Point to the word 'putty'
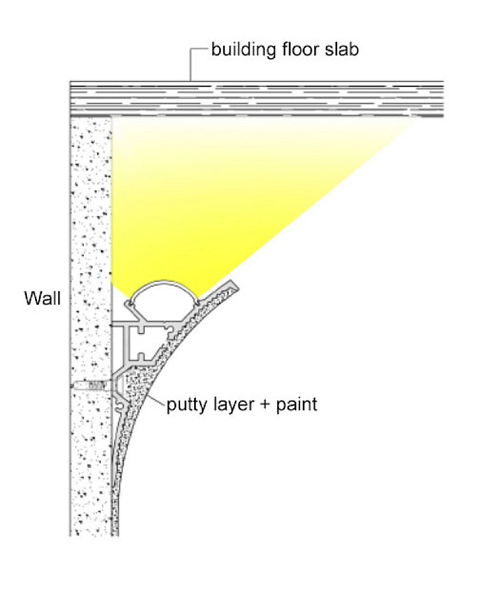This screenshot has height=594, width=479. (186, 404)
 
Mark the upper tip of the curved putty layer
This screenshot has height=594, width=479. (234, 284)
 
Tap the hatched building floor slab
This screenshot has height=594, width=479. (255, 99)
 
